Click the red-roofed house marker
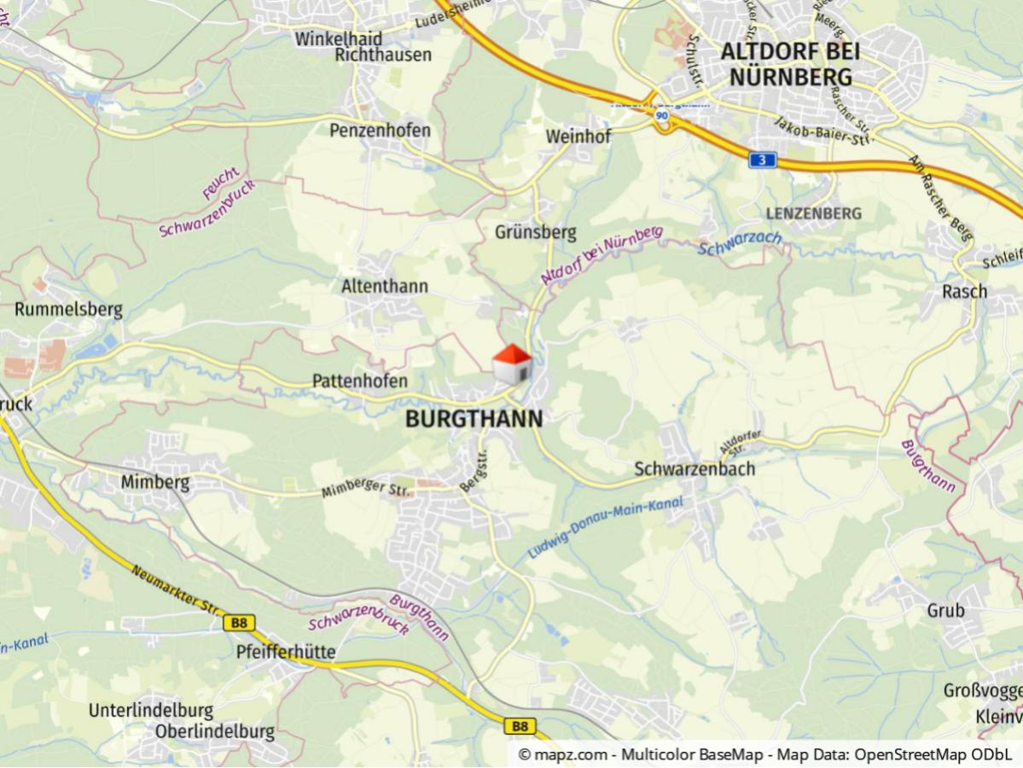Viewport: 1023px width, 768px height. point(512,364)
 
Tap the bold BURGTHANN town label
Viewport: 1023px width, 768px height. point(474,419)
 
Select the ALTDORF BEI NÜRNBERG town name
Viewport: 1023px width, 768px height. point(789,64)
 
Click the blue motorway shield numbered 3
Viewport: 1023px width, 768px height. point(763,160)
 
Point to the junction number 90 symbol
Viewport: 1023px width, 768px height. point(662,113)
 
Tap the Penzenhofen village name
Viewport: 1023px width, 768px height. point(380,131)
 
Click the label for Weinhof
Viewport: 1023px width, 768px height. point(578,137)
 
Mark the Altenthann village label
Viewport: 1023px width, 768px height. point(385,287)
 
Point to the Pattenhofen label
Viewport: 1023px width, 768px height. point(360,381)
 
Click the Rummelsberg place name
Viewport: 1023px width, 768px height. point(68,309)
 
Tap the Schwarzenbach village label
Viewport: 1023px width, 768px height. point(695,468)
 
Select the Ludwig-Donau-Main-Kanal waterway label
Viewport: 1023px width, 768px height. point(605,527)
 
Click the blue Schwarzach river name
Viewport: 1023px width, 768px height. point(739,244)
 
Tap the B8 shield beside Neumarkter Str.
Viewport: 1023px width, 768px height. point(238,623)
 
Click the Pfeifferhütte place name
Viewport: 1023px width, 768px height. point(285,652)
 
